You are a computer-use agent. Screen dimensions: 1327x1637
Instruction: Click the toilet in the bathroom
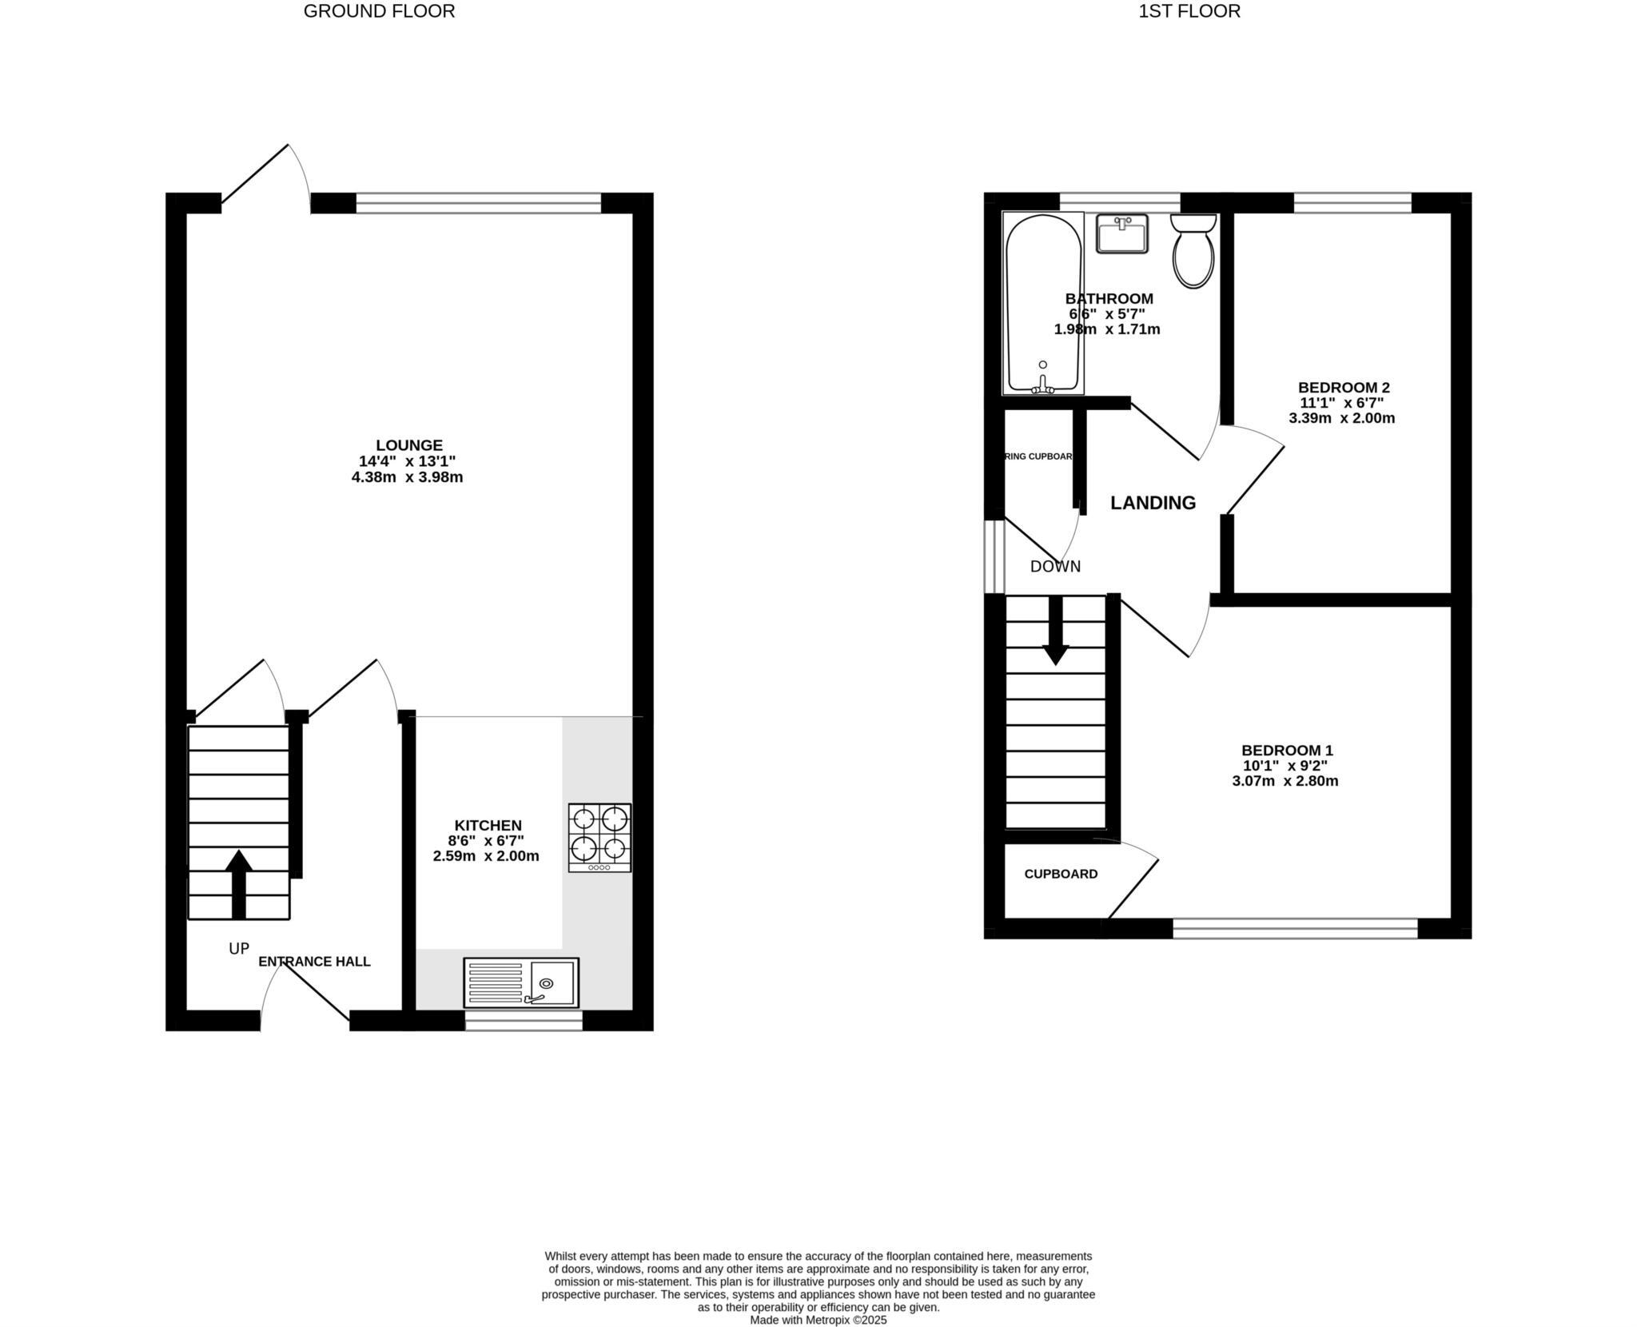click(1193, 251)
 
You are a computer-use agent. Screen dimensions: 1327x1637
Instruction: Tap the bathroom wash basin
click(1121, 233)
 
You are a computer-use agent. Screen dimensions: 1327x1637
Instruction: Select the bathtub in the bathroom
click(1043, 304)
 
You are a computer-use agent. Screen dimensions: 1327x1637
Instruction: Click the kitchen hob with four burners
click(599, 837)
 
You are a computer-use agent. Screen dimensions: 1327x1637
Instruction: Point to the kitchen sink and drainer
click(520, 982)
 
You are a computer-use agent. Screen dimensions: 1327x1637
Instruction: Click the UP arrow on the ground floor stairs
click(238, 883)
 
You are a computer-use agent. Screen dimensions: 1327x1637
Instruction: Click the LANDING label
click(1153, 503)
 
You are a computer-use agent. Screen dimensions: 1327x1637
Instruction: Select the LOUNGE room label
click(409, 445)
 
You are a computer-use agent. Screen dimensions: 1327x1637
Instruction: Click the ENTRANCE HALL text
click(314, 962)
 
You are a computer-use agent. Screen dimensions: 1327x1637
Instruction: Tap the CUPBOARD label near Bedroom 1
click(1061, 874)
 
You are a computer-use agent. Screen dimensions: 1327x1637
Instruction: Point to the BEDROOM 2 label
click(1343, 388)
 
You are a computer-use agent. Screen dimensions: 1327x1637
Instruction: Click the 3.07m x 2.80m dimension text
click(1285, 781)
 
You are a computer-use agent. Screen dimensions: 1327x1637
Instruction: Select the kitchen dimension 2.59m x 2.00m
click(485, 856)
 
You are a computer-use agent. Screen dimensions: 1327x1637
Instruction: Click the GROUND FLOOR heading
click(379, 11)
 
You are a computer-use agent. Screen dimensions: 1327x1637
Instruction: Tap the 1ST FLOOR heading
click(1189, 11)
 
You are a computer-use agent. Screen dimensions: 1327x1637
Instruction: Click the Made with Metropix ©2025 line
click(818, 1320)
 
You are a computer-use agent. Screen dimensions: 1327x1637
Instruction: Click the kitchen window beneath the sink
click(524, 1021)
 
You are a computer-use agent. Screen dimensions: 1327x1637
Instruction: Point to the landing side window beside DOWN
click(994, 556)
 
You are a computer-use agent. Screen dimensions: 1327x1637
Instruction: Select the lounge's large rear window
click(478, 203)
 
